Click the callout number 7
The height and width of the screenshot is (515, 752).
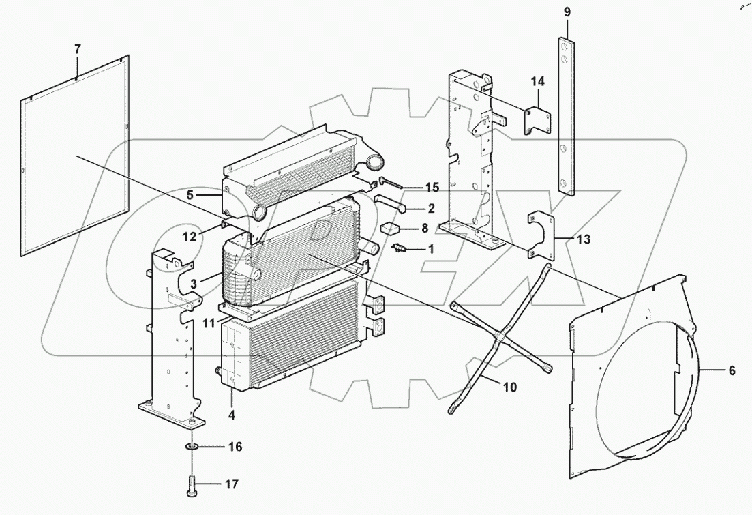(77, 48)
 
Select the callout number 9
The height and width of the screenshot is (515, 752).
(567, 12)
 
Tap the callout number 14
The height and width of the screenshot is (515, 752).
(538, 82)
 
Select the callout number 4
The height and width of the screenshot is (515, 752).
(231, 413)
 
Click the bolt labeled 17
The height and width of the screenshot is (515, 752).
(192, 485)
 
